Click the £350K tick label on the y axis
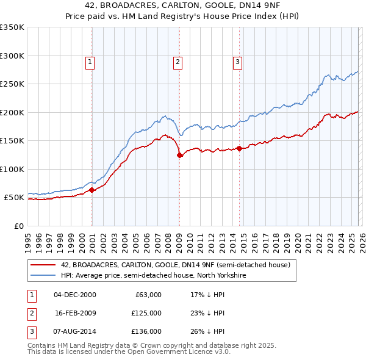12,27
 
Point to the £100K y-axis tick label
12,169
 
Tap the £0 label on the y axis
18,226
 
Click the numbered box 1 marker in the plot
90,61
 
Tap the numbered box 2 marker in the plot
177,61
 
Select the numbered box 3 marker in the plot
237,61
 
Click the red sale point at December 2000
92,190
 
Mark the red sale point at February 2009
180,156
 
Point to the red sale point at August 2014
239,148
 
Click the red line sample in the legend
43,265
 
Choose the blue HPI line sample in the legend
43,276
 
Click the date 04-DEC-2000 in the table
75,295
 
